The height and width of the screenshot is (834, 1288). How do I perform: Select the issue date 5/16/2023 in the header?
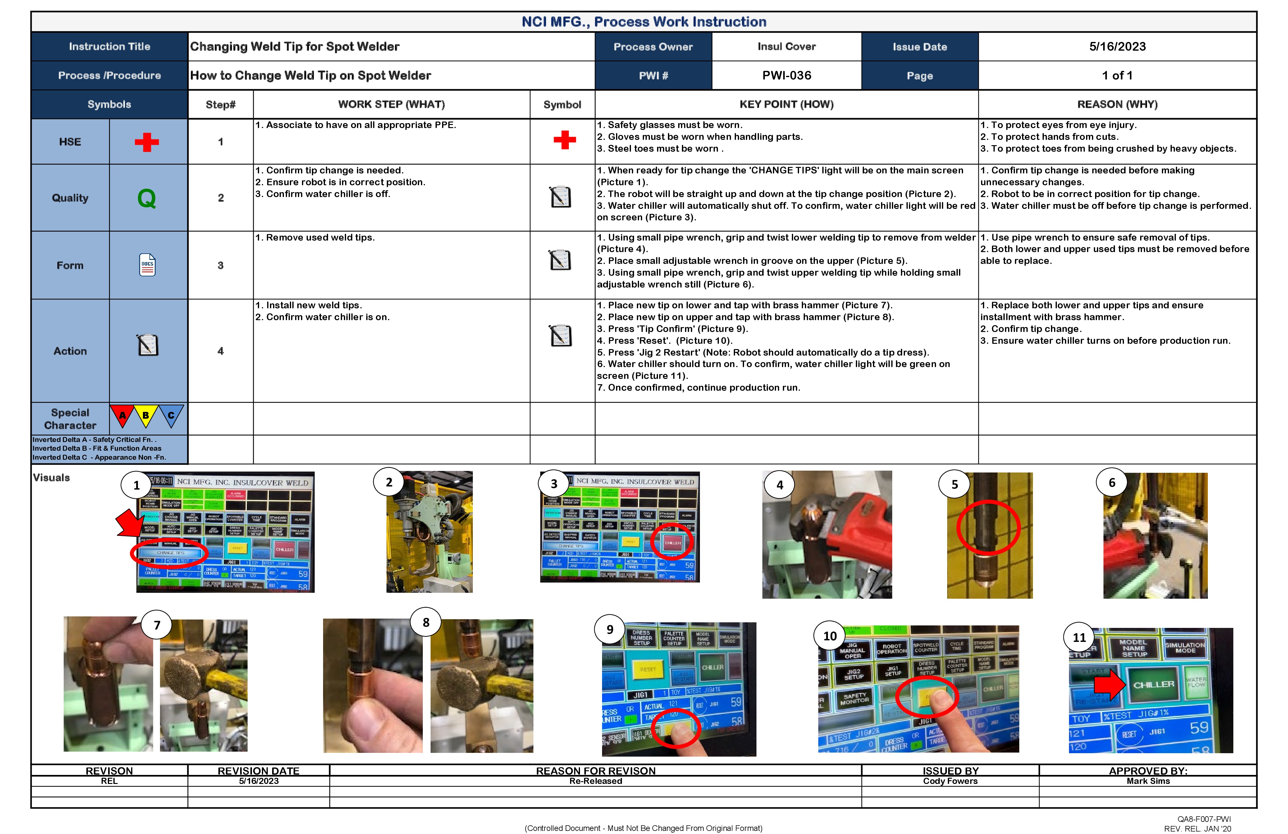pyautogui.click(x=1117, y=47)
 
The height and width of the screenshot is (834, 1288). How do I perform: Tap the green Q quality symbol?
pyautogui.click(x=147, y=198)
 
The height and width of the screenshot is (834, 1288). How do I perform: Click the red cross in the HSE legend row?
pyautogui.click(x=147, y=142)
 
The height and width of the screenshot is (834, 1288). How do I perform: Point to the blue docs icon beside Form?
pyautogui.click(x=147, y=265)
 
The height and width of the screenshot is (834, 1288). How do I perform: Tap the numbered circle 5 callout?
pyautogui.click(x=955, y=484)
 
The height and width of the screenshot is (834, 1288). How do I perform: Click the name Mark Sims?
pyautogui.click(x=1148, y=781)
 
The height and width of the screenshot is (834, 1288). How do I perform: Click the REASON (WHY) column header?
pyautogui.click(x=1117, y=104)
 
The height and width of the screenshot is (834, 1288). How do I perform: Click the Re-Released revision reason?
pyautogui.click(x=595, y=781)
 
